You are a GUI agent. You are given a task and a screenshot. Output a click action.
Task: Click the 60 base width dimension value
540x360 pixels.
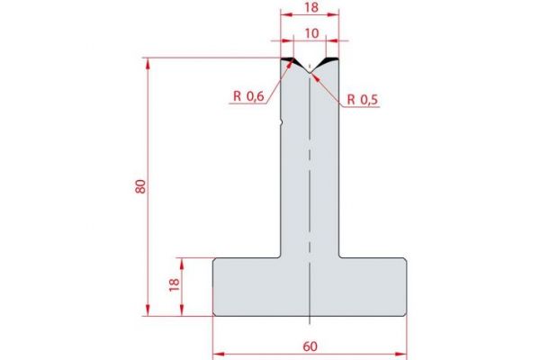(x=310, y=344)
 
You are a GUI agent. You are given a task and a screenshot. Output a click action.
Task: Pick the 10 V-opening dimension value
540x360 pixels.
(x=311, y=32)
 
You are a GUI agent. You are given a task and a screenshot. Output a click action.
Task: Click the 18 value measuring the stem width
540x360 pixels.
(x=310, y=7)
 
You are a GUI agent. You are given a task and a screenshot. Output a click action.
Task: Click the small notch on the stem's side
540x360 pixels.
(x=282, y=123)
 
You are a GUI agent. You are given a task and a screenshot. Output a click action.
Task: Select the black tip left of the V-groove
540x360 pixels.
(x=290, y=61)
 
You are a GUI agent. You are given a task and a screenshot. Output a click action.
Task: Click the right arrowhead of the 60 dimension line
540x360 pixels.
(x=404, y=354)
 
